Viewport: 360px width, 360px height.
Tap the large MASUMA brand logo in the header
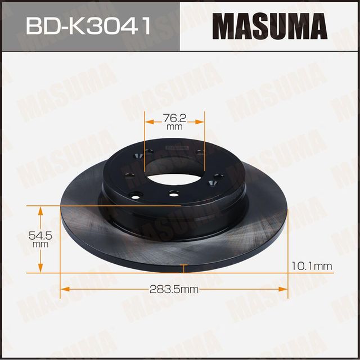click(269, 26)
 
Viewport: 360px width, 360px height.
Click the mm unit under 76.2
click(175, 127)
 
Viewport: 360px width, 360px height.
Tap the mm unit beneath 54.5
click(40, 245)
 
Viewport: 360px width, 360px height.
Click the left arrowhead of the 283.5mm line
click(64, 289)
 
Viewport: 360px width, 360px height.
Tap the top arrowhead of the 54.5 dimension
click(40, 210)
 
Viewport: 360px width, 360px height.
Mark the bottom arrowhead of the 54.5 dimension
click(40, 269)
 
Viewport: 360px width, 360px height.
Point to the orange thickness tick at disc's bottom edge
click(183, 265)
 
